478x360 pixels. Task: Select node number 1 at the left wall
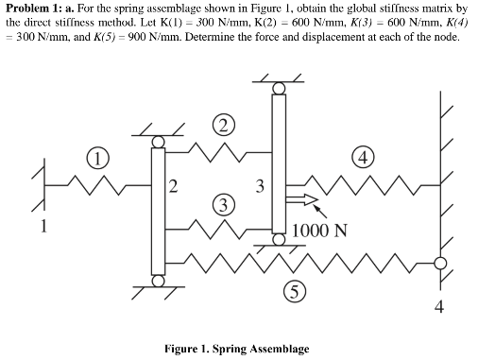pos(42,226)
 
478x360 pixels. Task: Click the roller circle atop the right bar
pos(280,88)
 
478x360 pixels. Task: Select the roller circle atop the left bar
pos(157,142)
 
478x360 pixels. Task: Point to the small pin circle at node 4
pos(438,264)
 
